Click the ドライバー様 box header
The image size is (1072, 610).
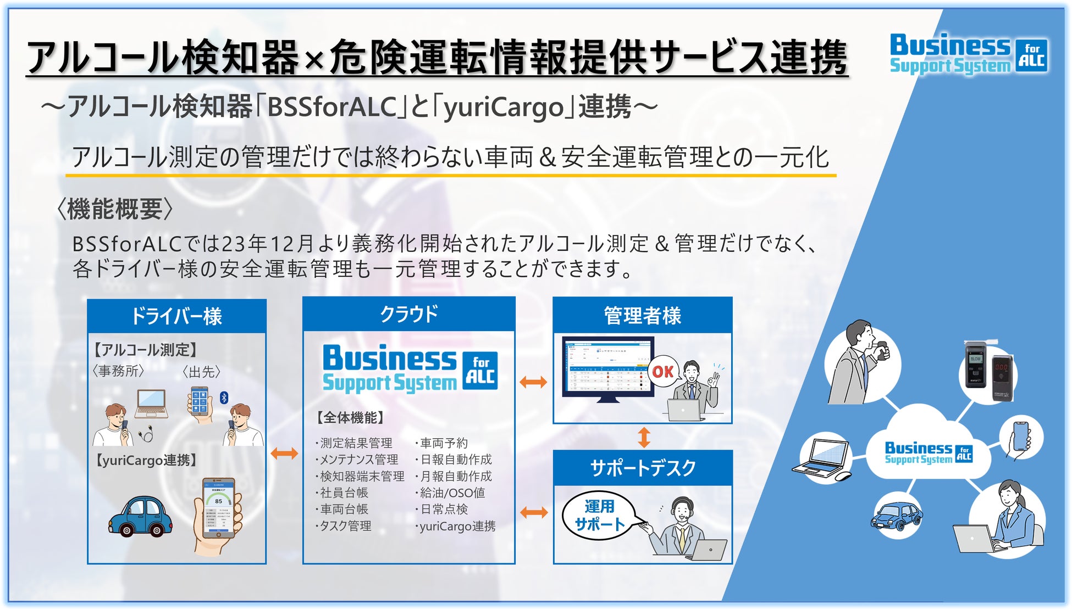coord(176,316)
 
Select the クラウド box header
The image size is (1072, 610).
coord(408,314)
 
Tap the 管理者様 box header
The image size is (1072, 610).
coord(642,315)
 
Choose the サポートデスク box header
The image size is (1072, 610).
coord(642,468)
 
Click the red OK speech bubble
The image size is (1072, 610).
coord(663,372)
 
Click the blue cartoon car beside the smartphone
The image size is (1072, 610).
coord(140,516)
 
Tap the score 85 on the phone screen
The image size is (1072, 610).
coord(219,501)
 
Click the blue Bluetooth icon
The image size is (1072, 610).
coord(224,398)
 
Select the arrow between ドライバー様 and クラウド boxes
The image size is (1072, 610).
coord(284,454)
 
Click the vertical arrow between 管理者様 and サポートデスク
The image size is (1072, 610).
coord(644,437)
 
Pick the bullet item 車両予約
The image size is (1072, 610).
coord(443,443)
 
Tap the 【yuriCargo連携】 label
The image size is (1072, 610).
coord(146,460)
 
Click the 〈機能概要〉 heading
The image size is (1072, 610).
coord(115,209)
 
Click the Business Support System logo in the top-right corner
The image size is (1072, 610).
coord(968,54)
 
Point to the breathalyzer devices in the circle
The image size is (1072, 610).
coord(989,370)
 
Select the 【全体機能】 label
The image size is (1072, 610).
coord(350,418)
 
